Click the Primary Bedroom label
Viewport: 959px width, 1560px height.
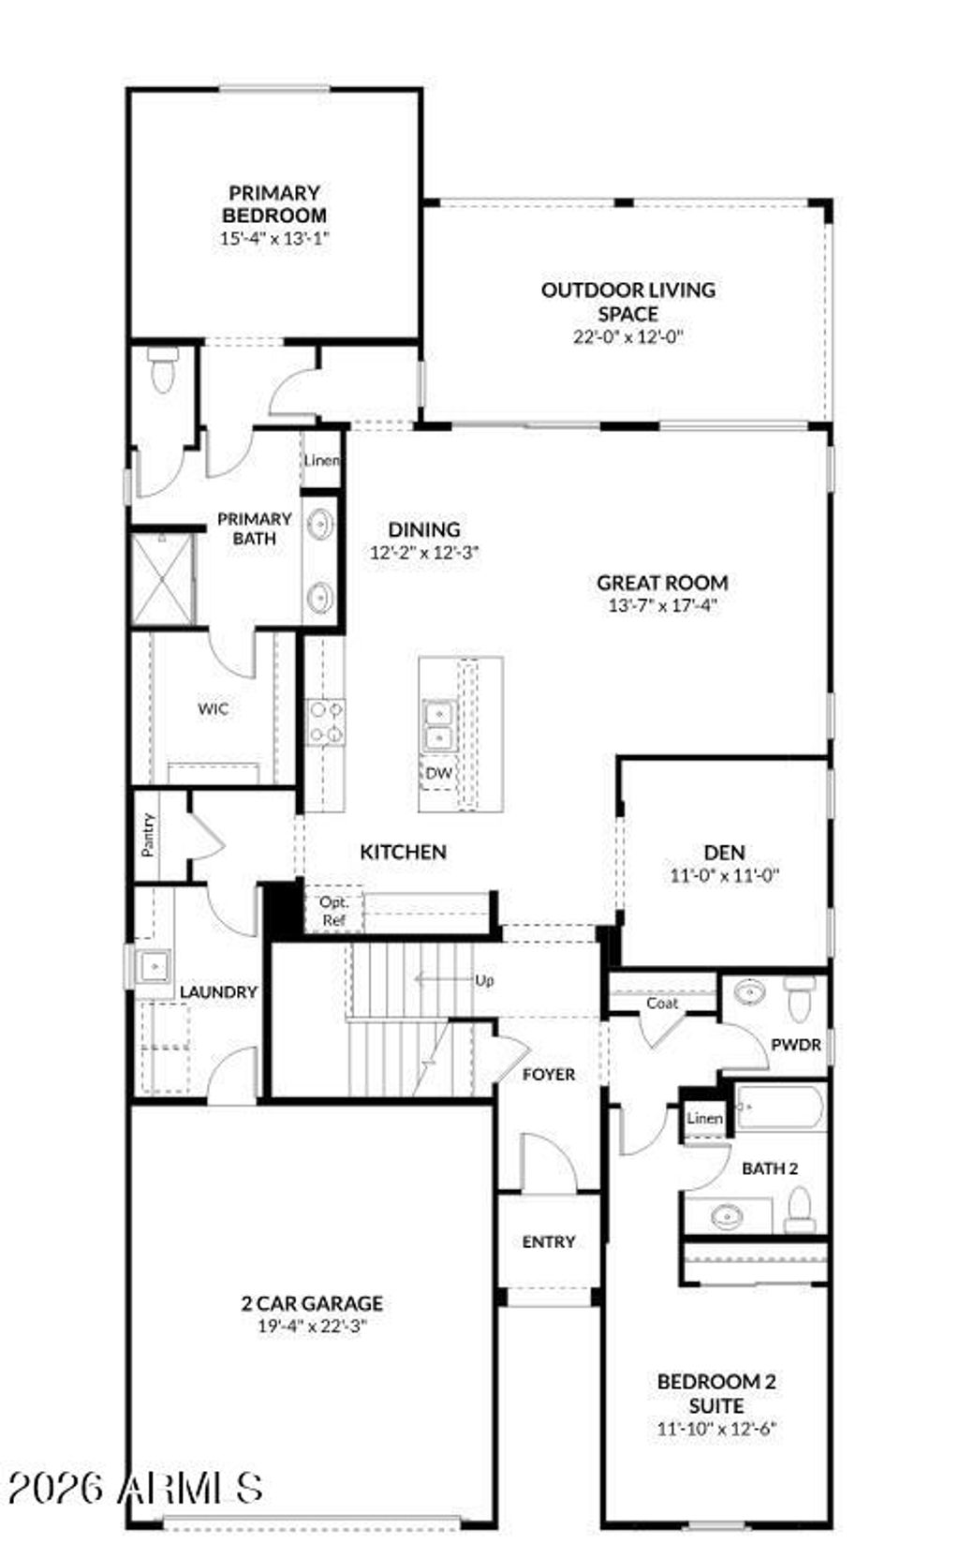tap(274, 203)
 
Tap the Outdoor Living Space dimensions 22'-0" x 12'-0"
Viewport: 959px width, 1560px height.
tap(628, 336)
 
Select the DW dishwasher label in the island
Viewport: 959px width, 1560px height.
tap(438, 773)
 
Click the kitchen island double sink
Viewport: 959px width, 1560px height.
tap(437, 725)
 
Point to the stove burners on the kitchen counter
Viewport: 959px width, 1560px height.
tap(326, 722)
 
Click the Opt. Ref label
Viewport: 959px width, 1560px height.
tap(334, 910)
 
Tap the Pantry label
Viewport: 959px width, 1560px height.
tap(148, 834)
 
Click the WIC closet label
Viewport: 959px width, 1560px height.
tap(213, 708)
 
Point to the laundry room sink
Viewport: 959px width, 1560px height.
tap(153, 966)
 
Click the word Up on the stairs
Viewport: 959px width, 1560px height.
tap(484, 980)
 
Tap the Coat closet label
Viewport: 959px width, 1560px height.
tap(662, 1003)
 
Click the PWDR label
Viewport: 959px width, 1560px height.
tap(796, 1044)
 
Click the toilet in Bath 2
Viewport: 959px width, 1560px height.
tap(800, 1210)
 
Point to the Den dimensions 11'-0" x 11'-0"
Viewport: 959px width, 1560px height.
tap(725, 875)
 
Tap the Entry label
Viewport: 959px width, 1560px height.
tap(548, 1241)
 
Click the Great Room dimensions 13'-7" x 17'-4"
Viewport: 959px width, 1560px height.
tap(662, 604)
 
